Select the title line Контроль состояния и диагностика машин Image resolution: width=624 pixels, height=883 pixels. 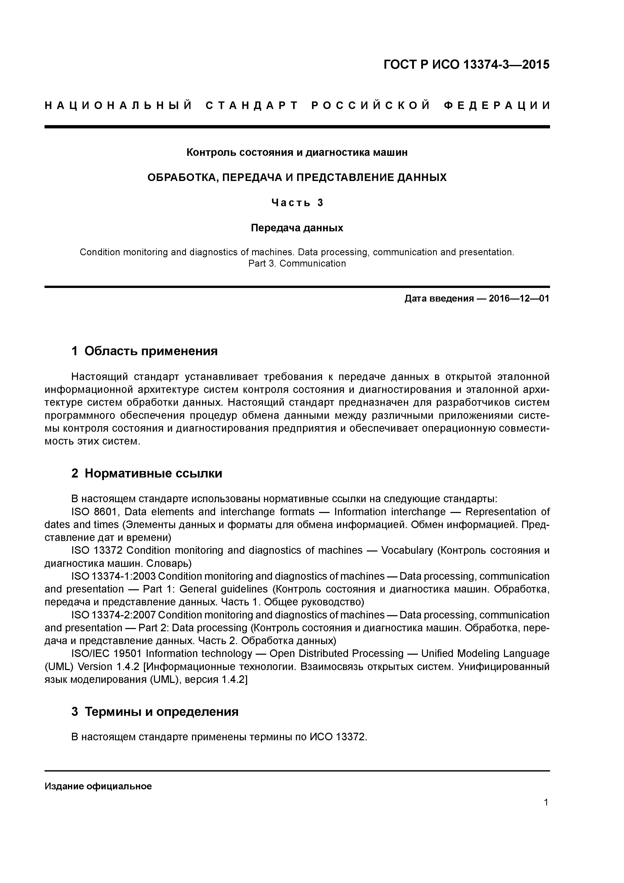297,153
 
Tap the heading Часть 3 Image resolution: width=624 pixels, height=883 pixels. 297,203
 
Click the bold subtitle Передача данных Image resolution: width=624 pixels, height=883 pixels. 297,228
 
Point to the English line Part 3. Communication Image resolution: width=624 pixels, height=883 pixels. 297,264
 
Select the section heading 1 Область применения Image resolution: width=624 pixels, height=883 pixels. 145,351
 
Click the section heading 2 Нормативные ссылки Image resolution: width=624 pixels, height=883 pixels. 147,473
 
